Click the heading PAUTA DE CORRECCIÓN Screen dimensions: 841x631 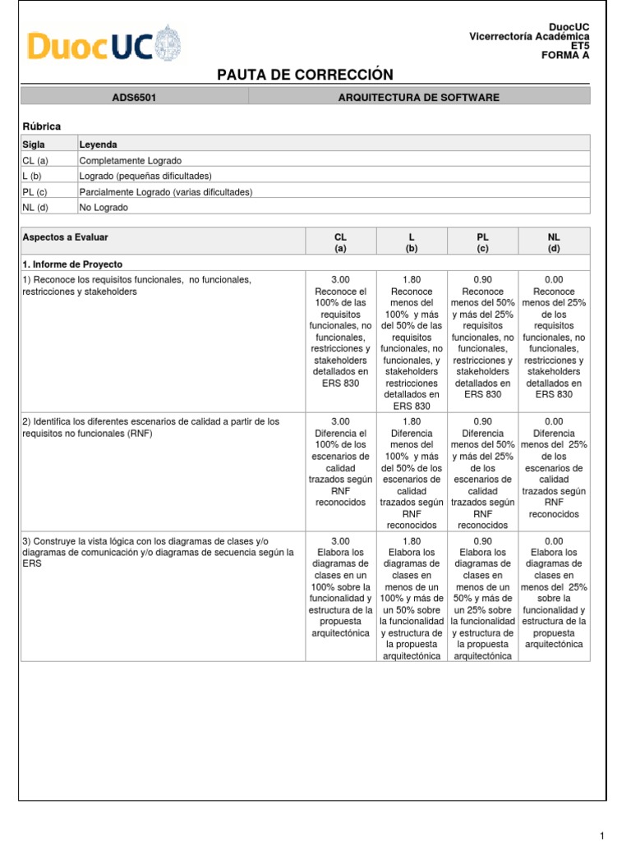[305, 75]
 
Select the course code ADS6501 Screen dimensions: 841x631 [134, 98]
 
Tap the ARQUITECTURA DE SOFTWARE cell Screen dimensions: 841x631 [418, 98]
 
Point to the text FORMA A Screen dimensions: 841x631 [564, 56]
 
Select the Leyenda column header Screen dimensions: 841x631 [98, 145]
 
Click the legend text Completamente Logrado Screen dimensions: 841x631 [131, 160]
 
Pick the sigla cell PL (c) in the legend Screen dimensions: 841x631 [35, 192]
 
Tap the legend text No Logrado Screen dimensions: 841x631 [104, 208]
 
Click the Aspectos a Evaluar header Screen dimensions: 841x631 [65, 237]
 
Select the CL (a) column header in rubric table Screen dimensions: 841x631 [340, 241]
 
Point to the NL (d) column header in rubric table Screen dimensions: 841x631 [554, 241]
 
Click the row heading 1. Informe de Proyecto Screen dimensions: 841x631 [73, 264]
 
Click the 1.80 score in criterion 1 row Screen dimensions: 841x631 [411, 280]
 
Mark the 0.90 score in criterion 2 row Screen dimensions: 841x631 [482, 421]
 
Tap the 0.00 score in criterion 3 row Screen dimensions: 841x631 [554, 541]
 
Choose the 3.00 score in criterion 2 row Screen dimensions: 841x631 [340, 421]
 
